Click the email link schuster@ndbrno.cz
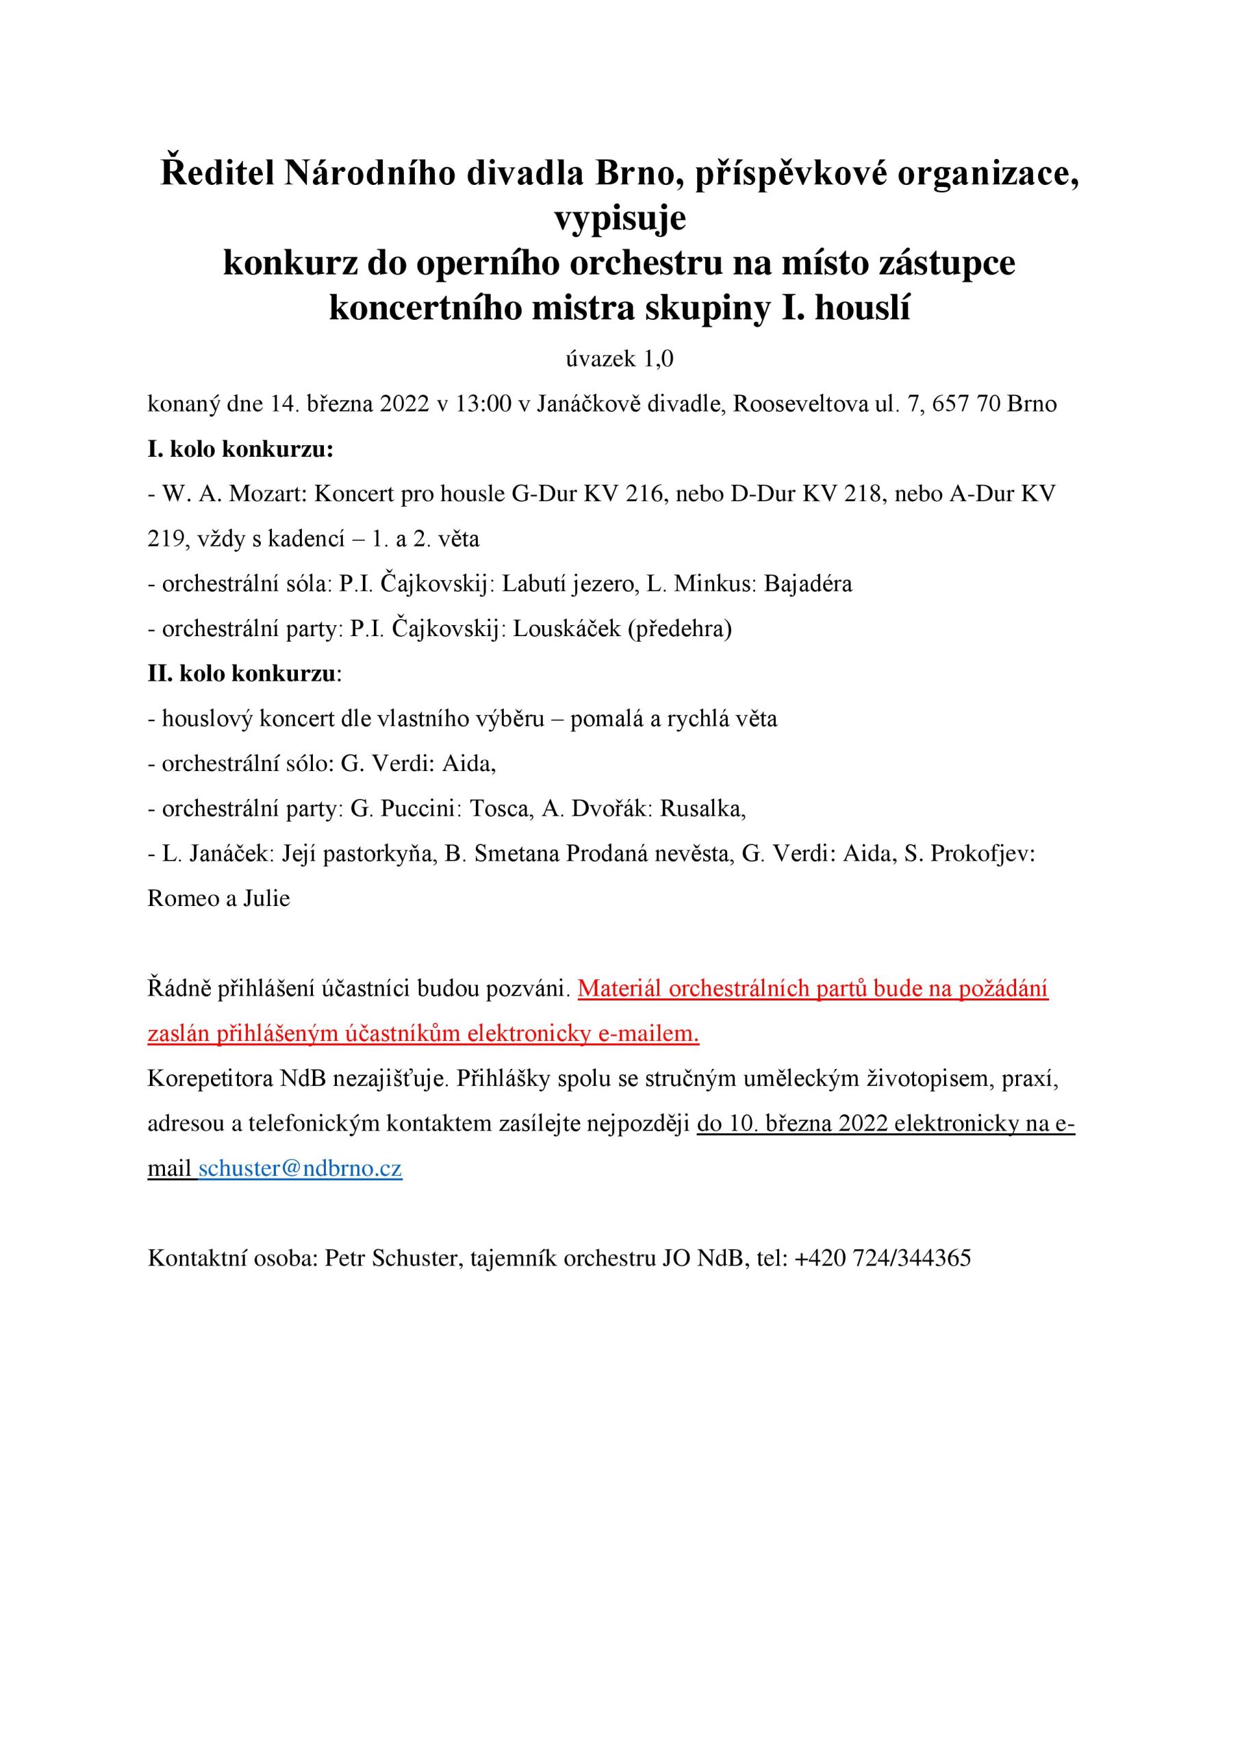tap(300, 1169)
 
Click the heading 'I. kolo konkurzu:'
tap(240, 449)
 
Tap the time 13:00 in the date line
tap(483, 404)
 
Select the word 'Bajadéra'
tap(808, 584)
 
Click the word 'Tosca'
tap(500, 809)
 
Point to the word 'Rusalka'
tap(702, 809)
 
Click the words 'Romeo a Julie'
tap(218, 898)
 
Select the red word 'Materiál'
tap(619, 989)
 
